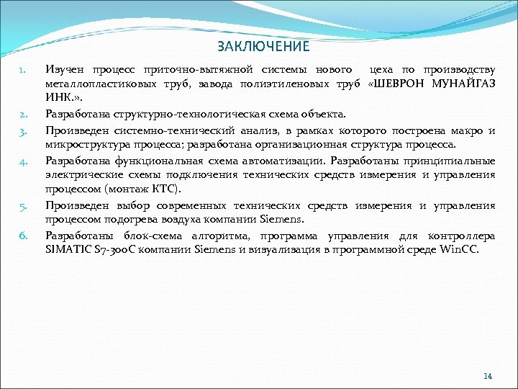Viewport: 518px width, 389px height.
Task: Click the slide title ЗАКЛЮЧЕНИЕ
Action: [x=263, y=47]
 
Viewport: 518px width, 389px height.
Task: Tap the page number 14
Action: [x=488, y=376]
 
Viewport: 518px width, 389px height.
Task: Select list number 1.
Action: [x=22, y=71]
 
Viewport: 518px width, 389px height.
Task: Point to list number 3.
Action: [x=22, y=131]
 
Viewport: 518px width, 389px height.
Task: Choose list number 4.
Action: [x=22, y=161]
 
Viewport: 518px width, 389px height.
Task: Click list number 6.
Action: [x=22, y=235]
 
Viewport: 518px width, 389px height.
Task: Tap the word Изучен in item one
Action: [x=65, y=70]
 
